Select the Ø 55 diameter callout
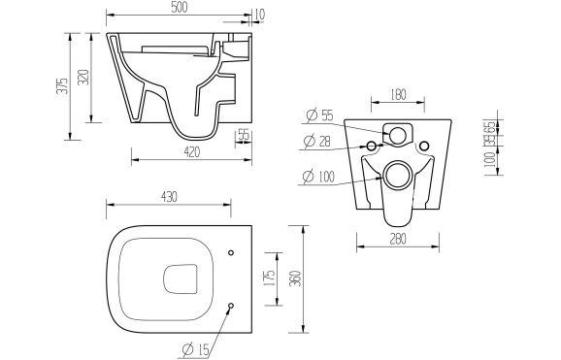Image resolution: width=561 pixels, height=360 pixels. coord(319,115)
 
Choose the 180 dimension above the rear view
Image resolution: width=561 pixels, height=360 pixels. coord(398,95)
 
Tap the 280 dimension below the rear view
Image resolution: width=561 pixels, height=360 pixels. coord(397,240)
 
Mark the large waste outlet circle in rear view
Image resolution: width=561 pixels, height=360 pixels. coord(397,176)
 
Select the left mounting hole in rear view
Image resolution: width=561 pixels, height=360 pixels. coord(372,146)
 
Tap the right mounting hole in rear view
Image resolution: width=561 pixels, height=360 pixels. coord(422,146)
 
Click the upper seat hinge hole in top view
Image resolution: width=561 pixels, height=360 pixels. coord(231,254)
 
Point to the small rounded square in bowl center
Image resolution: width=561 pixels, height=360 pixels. coord(178,278)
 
